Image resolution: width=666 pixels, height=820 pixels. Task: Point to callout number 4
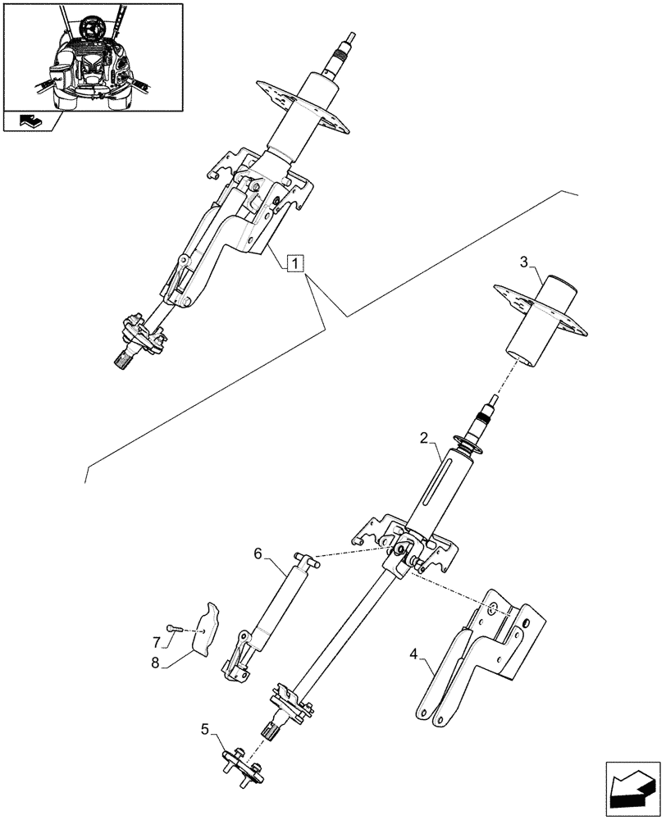414,654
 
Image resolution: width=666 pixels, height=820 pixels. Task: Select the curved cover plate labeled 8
210,627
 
